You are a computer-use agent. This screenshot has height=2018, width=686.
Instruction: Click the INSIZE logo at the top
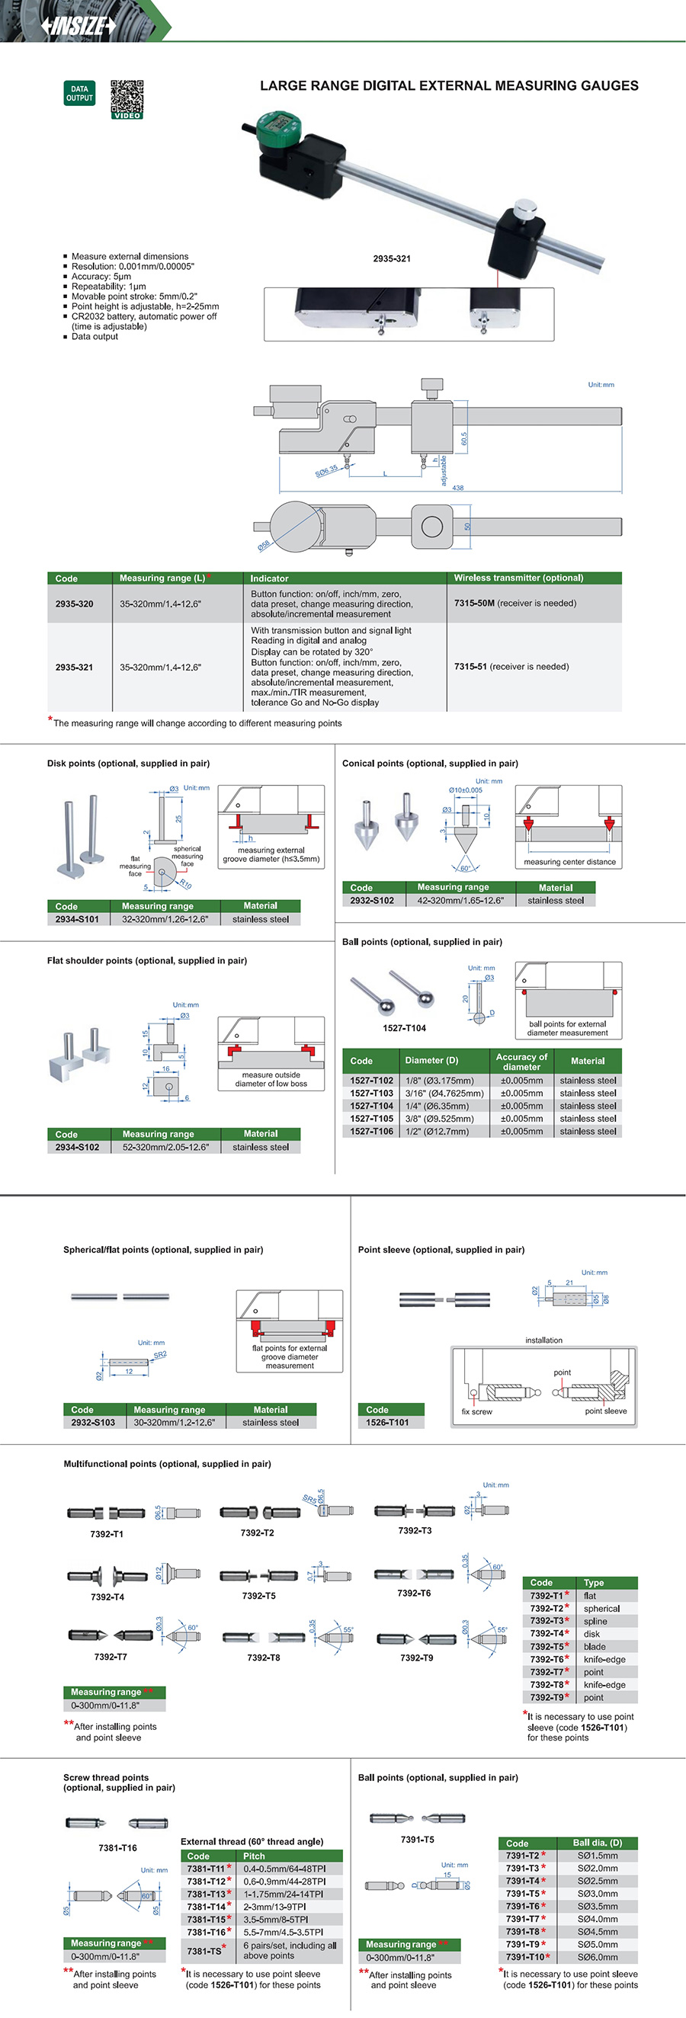tap(79, 26)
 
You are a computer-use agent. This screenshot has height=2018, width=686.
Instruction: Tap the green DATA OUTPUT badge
tap(79, 93)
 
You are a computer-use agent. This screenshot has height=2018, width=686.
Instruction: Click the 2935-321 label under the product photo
tap(392, 258)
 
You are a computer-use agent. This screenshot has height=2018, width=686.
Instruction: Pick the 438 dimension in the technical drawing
tap(458, 487)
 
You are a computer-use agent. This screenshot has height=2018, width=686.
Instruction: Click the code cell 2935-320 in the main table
tap(75, 604)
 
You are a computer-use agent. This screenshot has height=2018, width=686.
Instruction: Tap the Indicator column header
tap(269, 578)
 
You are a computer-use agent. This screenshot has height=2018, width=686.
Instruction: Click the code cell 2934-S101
tap(77, 919)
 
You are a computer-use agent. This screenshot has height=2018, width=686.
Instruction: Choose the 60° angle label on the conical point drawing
tap(465, 868)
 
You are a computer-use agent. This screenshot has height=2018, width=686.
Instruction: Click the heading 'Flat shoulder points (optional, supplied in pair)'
tap(146, 960)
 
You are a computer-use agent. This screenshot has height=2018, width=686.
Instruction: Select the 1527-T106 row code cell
tap(372, 1131)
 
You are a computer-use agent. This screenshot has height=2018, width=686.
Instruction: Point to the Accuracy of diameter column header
tap(521, 1062)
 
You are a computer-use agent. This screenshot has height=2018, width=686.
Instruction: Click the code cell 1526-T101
tap(388, 1422)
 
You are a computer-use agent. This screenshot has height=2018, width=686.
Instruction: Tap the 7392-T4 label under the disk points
tap(107, 1597)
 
